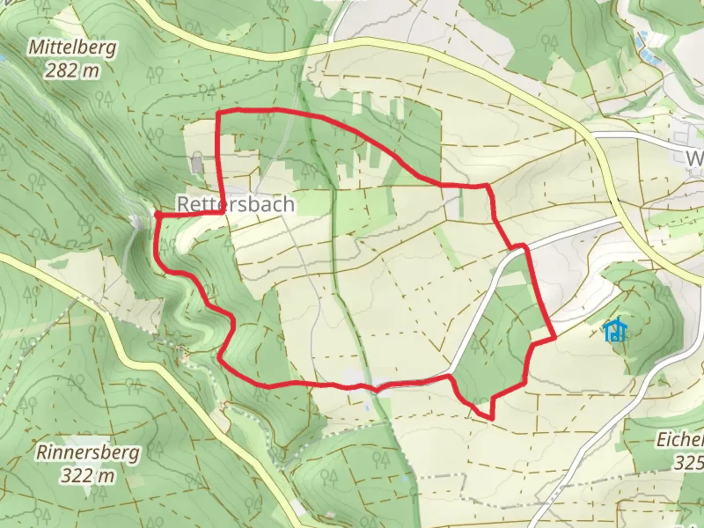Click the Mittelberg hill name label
(x=72, y=48)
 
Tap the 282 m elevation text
(x=72, y=71)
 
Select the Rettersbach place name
(x=236, y=204)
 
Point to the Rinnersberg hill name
(x=88, y=452)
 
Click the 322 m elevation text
(x=88, y=475)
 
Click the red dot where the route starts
(x=158, y=214)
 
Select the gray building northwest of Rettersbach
(x=197, y=164)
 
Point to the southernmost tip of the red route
(x=491, y=418)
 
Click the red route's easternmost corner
(x=555, y=337)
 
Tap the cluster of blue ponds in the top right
(x=647, y=46)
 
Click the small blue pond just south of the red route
(x=367, y=407)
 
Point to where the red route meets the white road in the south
(x=449, y=375)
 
